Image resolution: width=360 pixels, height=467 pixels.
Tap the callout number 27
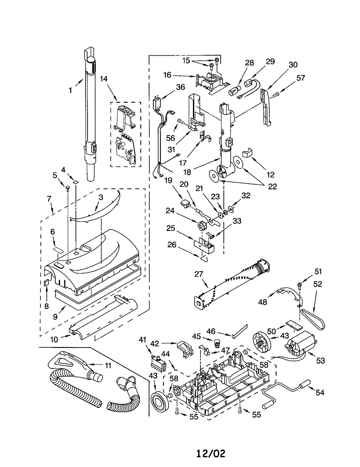199,274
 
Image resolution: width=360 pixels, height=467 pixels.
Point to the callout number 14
104,79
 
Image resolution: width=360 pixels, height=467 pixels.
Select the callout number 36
180,87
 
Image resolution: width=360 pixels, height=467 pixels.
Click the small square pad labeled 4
75,182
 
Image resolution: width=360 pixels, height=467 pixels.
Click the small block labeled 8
46,283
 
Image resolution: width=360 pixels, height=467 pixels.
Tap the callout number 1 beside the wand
70,90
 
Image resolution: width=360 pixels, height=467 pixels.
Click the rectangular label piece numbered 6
58,250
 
